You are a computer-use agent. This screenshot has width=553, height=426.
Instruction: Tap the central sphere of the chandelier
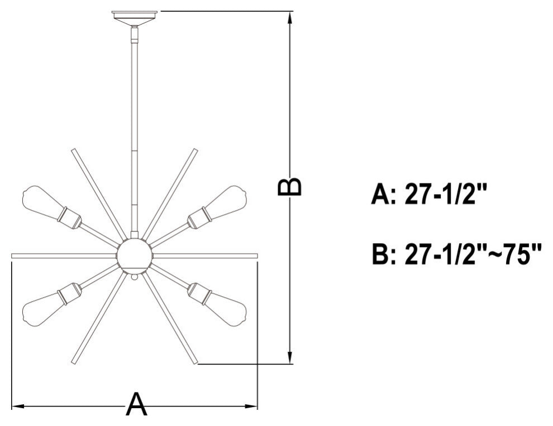pyautogui.click(x=135, y=255)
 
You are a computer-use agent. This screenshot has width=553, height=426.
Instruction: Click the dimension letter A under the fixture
pyautogui.click(x=136, y=404)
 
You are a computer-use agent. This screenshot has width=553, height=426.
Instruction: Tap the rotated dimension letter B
pyautogui.click(x=289, y=186)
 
